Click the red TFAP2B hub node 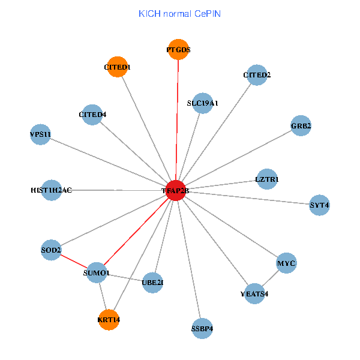(x=175, y=190)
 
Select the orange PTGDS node (x=178, y=50)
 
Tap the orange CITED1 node (x=117, y=68)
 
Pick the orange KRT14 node (x=109, y=320)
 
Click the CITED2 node (x=257, y=75)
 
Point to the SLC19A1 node (x=203, y=103)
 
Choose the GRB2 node (x=301, y=126)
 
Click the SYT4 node (x=319, y=205)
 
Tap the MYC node (x=287, y=263)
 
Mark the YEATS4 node (x=254, y=293)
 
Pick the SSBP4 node (x=203, y=328)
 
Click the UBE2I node (x=152, y=281)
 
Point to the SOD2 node (x=51, y=249)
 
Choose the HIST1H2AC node (x=52, y=190)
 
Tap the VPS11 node (x=40, y=134)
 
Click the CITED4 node (x=92, y=114)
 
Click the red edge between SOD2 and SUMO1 (x=73, y=261)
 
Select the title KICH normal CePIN (x=179, y=13)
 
